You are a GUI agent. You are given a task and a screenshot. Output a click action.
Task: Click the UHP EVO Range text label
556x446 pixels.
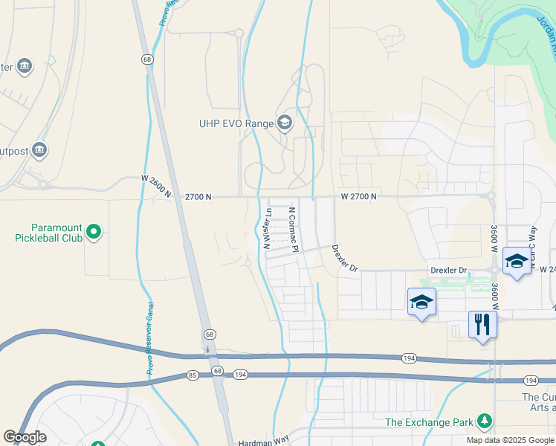[235, 123]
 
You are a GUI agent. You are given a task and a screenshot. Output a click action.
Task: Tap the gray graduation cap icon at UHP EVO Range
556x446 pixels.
[284, 123]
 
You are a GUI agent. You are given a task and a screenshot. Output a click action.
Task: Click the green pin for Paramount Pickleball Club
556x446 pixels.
[94, 233]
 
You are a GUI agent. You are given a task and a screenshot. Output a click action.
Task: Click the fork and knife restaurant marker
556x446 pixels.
[482, 325]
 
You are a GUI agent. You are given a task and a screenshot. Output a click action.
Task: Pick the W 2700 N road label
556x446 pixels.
[359, 196]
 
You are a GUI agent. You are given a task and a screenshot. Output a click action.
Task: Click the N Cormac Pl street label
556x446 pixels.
[294, 230]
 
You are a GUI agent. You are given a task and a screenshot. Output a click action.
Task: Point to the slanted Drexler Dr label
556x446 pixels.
[345, 258]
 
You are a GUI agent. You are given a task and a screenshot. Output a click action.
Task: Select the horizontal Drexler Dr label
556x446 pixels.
[448, 271]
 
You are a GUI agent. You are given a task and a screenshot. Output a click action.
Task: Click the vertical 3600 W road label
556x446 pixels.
[494, 239]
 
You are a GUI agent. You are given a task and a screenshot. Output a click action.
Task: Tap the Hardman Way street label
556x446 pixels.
[263, 442]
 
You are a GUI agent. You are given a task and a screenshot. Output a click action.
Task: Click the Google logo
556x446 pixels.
[25, 437]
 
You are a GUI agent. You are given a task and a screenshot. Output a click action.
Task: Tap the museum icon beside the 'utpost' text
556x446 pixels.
[39, 151]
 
